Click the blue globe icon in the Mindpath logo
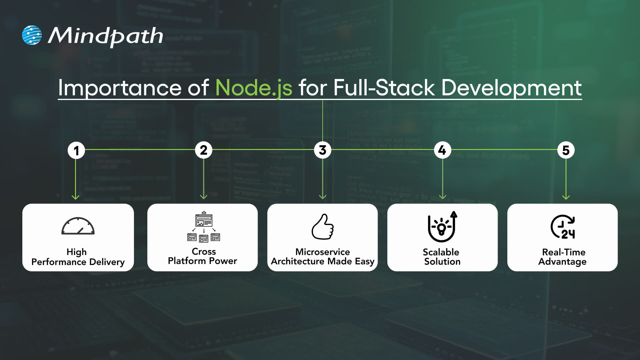(x=32, y=35)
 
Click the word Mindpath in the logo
(x=105, y=36)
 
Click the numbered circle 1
(x=76, y=150)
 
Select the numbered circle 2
(x=204, y=150)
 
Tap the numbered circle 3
(x=323, y=150)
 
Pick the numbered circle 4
(x=442, y=150)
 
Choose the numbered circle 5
(x=566, y=150)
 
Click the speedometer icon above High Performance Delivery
(x=78, y=226)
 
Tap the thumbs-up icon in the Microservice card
(x=323, y=227)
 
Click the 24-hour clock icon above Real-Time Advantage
(x=563, y=227)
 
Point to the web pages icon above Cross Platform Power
(x=204, y=226)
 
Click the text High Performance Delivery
(x=78, y=257)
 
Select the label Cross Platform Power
(x=203, y=256)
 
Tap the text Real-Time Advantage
(x=563, y=257)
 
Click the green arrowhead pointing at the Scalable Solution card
(x=442, y=197)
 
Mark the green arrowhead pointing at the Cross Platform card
(x=204, y=197)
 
